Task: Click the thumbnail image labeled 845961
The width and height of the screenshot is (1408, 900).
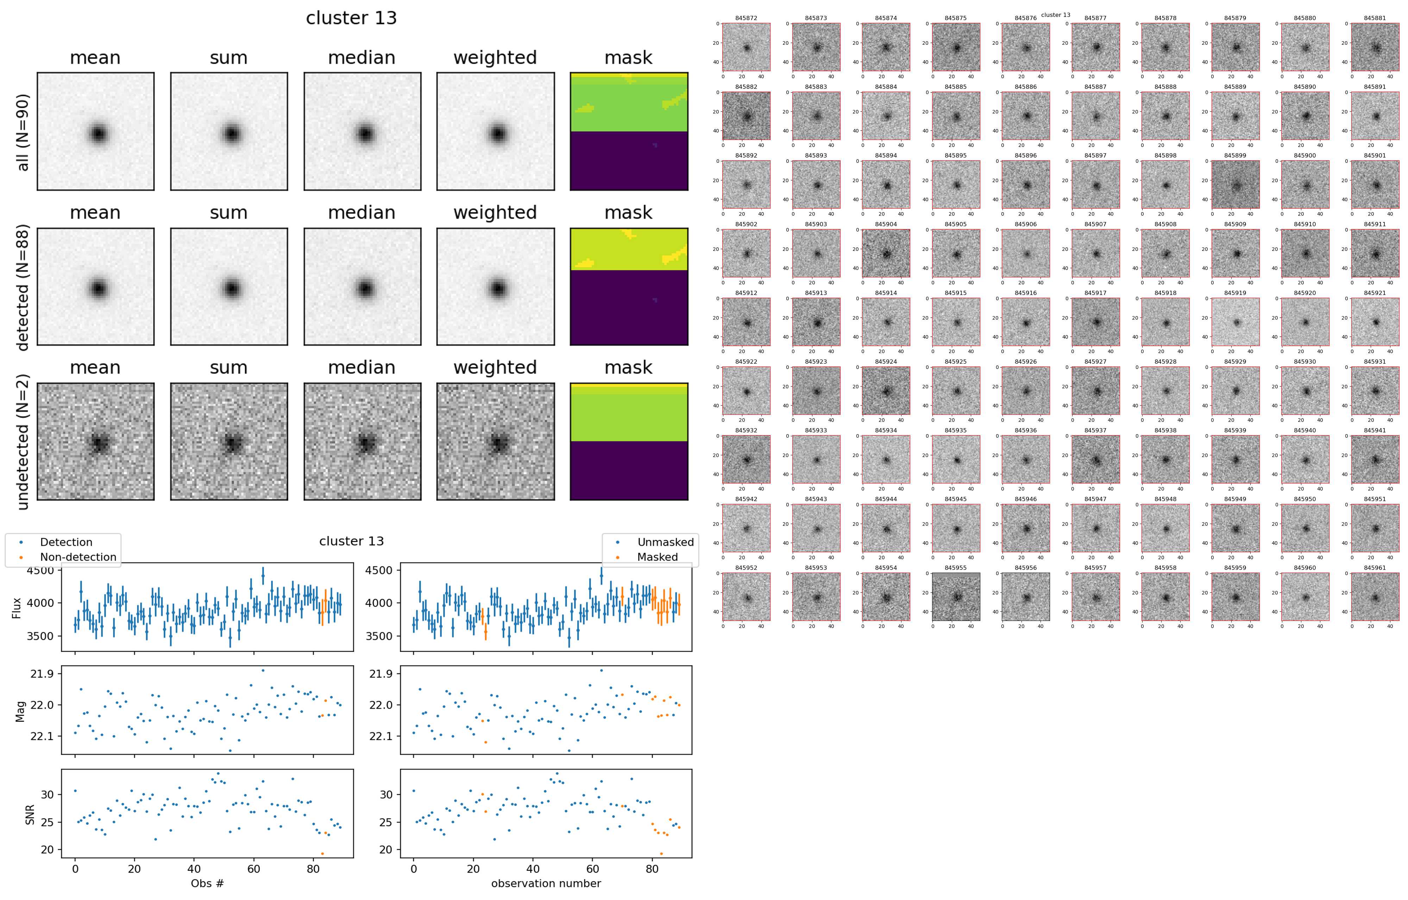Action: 1375,597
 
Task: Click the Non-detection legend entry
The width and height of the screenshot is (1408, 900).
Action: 78,557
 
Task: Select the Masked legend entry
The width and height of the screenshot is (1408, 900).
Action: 657,557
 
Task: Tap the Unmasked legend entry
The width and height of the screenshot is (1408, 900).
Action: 665,542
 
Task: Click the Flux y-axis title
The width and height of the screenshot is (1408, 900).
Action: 17,608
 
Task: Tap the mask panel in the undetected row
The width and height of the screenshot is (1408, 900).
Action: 629,442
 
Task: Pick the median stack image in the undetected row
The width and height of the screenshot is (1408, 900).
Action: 362,442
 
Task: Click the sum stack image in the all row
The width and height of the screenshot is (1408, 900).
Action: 229,132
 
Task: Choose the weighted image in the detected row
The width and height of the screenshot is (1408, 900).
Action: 495,287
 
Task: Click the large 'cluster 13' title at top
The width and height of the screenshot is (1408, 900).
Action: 351,18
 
